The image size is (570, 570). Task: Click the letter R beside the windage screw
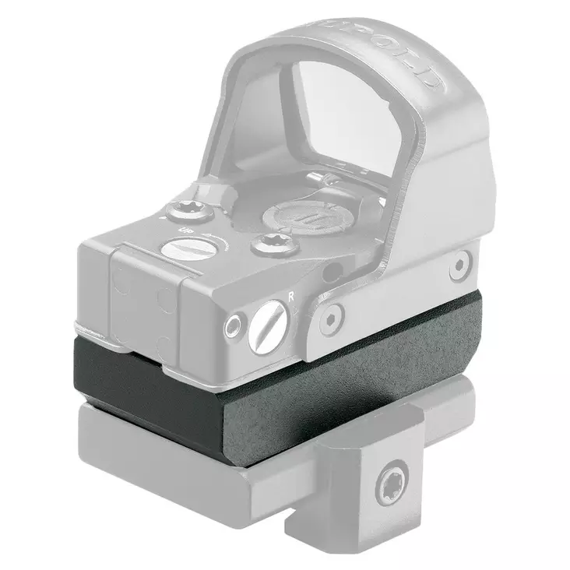pos(290,295)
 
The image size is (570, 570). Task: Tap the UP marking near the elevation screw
pos(186,231)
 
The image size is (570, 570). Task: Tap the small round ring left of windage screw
pos(232,326)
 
